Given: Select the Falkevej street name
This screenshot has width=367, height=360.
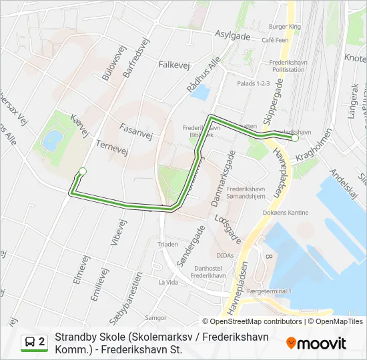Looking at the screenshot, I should tap(175, 65).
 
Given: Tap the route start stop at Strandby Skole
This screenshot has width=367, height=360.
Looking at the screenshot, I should tap(83, 171).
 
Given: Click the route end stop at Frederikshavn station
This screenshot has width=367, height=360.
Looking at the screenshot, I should tap(295, 139).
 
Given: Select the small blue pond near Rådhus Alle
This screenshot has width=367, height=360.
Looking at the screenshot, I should tap(198, 92).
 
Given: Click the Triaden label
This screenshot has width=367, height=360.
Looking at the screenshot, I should tap(167, 245).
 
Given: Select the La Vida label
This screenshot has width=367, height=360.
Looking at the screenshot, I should tap(167, 282).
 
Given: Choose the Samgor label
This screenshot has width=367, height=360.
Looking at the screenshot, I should tap(156, 318).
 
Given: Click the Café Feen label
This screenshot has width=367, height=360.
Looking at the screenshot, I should tap(275, 40).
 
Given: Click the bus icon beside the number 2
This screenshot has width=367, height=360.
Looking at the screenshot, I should tap(30, 342).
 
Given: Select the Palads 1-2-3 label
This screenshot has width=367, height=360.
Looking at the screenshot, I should tap(254, 83).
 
